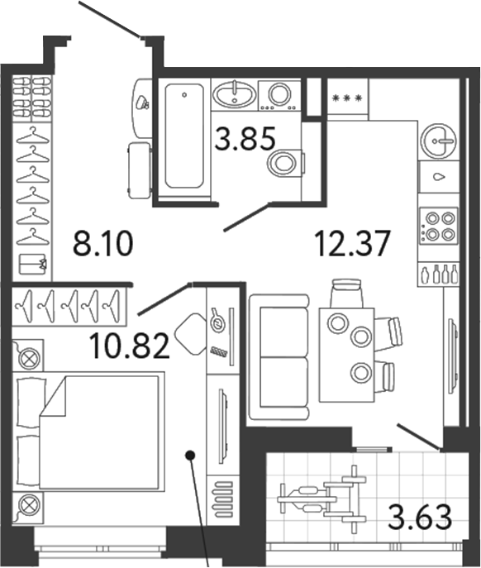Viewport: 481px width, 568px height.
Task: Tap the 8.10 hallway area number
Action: pos(103,245)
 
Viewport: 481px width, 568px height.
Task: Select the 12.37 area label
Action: pos(350,244)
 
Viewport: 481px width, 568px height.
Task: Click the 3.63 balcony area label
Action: pos(421,521)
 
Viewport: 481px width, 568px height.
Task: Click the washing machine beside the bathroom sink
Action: pos(279,94)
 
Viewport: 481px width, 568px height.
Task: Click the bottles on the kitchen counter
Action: pos(438,274)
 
